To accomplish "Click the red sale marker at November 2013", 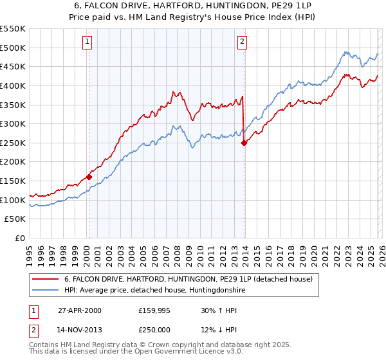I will [x=244, y=143].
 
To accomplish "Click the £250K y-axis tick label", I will [x=13, y=143].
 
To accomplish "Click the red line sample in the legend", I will [x=46, y=279].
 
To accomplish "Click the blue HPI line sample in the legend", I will [x=46, y=291].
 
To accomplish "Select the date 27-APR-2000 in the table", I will [x=79, y=310].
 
